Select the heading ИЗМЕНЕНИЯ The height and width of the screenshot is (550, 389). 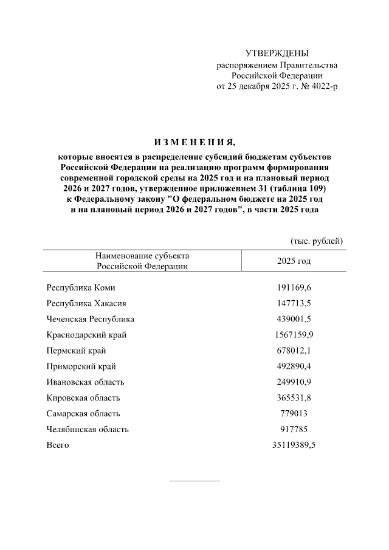[194, 143]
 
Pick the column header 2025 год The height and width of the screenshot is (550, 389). [294, 261]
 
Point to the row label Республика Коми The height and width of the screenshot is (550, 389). [81, 287]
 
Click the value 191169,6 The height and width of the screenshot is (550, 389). [294, 287]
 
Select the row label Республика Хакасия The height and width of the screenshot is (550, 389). [86, 303]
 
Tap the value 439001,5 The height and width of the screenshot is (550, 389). [294, 319]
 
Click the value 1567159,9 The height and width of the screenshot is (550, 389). [294, 335]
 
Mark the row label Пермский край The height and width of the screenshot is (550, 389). [76, 351]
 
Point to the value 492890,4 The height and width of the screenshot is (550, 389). [294, 366]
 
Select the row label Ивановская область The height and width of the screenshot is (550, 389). [85, 382]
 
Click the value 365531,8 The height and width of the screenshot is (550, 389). [294, 398]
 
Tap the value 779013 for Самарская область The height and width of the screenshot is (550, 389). [294, 414]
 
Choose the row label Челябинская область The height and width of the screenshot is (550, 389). [88, 430]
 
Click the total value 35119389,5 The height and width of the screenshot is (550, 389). [294, 445]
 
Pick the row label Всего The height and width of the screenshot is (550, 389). [58, 445]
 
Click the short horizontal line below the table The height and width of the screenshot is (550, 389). [194, 481]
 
